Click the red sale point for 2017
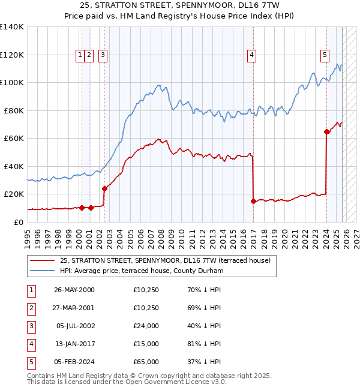[x=253, y=202]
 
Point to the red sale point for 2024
[x=326, y=131]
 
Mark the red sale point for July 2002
[x=104, y=188]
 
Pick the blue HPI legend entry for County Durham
[x=141, y=271]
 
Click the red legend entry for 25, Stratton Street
[x=165, y=260]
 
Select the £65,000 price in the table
[x=146, y=362]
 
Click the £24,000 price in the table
[x=146, y=326]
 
